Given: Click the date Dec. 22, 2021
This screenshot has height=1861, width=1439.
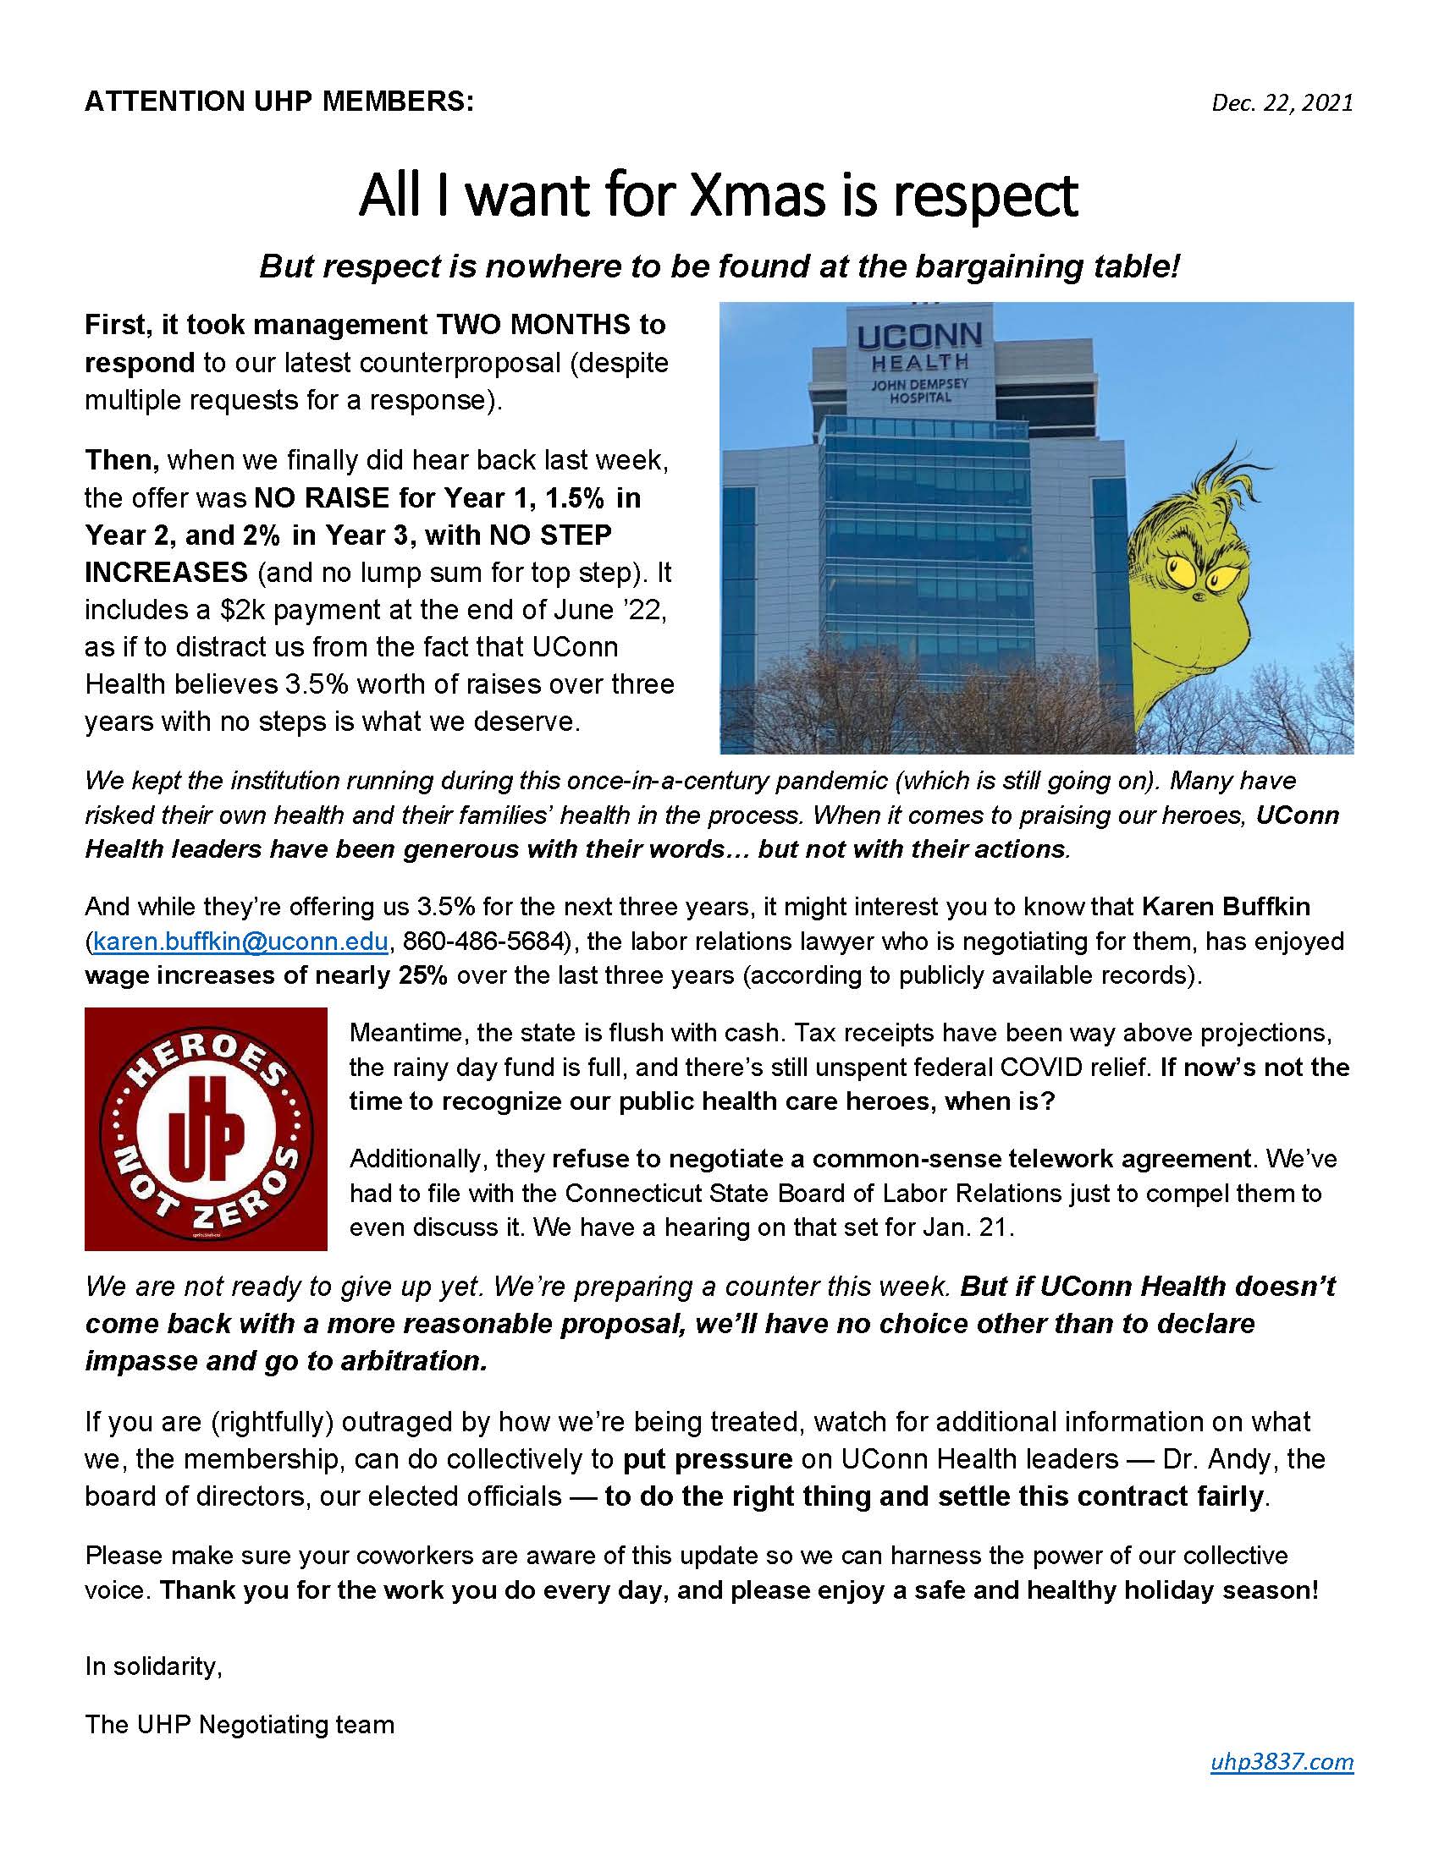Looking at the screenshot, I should pos(1282,103).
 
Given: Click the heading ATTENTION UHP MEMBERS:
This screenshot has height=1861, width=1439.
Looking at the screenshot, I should pos(278,102).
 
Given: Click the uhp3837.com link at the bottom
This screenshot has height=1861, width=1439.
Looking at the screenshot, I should pos(1282,1761).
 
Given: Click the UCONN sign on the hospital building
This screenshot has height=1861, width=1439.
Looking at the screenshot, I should pos(919,336).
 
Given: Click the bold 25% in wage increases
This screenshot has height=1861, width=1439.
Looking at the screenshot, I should pos(422,974).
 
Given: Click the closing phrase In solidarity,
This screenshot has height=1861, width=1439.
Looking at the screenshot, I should pos(153,1666).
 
